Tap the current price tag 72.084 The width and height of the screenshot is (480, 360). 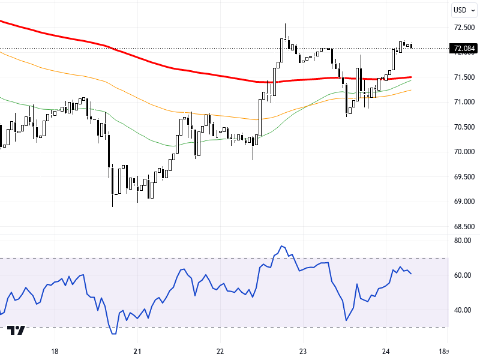pos(464,49)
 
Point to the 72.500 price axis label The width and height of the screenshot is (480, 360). pos(465,27)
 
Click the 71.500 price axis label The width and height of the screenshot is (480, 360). pos(465,77)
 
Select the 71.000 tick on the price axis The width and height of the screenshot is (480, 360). pos(465,102)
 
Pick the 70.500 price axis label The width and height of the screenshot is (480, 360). pos(465,127)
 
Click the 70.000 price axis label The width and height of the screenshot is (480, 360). pos(465,152)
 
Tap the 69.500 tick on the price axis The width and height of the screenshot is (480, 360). pos(465,177)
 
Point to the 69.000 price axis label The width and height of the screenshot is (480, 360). pos(465,202)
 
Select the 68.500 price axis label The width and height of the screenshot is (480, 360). pos(465,227)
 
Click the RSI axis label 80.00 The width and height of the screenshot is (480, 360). pos(463,241)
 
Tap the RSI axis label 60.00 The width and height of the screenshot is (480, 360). pos(463,275)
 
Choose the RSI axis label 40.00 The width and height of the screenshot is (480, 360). pos(463,310)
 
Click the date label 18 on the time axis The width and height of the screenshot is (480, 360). pos(55,352)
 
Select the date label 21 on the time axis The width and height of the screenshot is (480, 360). pos(137,352)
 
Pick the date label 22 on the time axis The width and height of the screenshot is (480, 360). pos(220,352)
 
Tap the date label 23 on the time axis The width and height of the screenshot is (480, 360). pos(303,352)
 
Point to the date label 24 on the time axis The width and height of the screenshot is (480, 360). pos(386,352)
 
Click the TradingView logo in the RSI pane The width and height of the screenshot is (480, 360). pos(16,331)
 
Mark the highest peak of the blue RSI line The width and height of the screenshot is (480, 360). pos(281,246)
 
